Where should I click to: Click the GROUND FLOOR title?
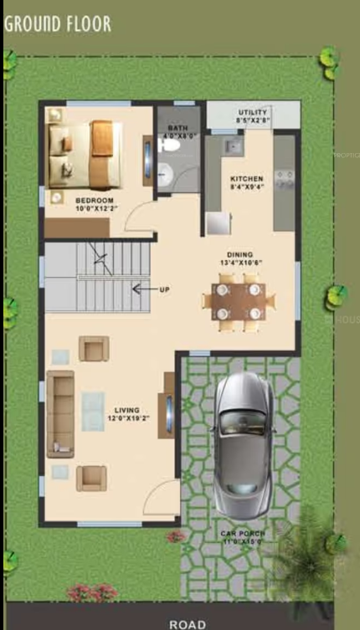[57, 23]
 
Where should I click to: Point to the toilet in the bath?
[172, 145]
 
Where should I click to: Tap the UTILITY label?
[253, 112]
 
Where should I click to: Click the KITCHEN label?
[247, 179]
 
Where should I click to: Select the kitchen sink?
[231, 148]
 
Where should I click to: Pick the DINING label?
[240, 254]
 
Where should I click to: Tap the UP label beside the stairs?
[165, 289]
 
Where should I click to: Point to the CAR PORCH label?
[243, 533]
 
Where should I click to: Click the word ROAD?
[187, 623]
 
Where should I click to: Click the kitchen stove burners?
[284, 177]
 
